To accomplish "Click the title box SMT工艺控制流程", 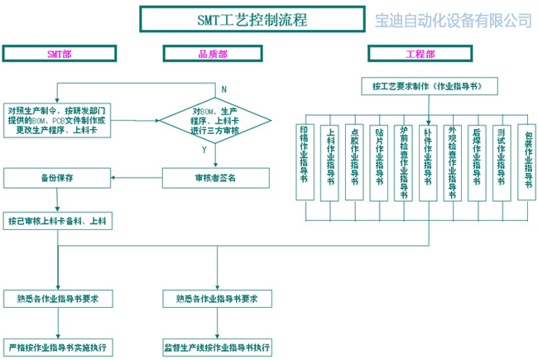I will pos(252,20).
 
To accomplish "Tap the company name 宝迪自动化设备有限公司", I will pos(454,20).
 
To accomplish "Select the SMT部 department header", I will pos(59,54).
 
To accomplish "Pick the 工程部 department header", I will pos(425,54).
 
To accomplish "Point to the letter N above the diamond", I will pos(223,89).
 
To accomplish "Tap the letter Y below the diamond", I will pos(204,151).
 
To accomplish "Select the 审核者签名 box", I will pos(215,177).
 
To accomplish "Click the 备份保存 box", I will pos(58,177).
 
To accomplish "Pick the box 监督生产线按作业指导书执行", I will pos(216,346).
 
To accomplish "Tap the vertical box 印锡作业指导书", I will pos(305,161).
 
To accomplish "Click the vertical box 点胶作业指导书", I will pos(354,161).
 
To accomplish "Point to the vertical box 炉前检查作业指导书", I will pos(403,161).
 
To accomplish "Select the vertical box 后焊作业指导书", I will pos(477,161).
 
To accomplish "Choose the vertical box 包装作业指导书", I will pos(526,161).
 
